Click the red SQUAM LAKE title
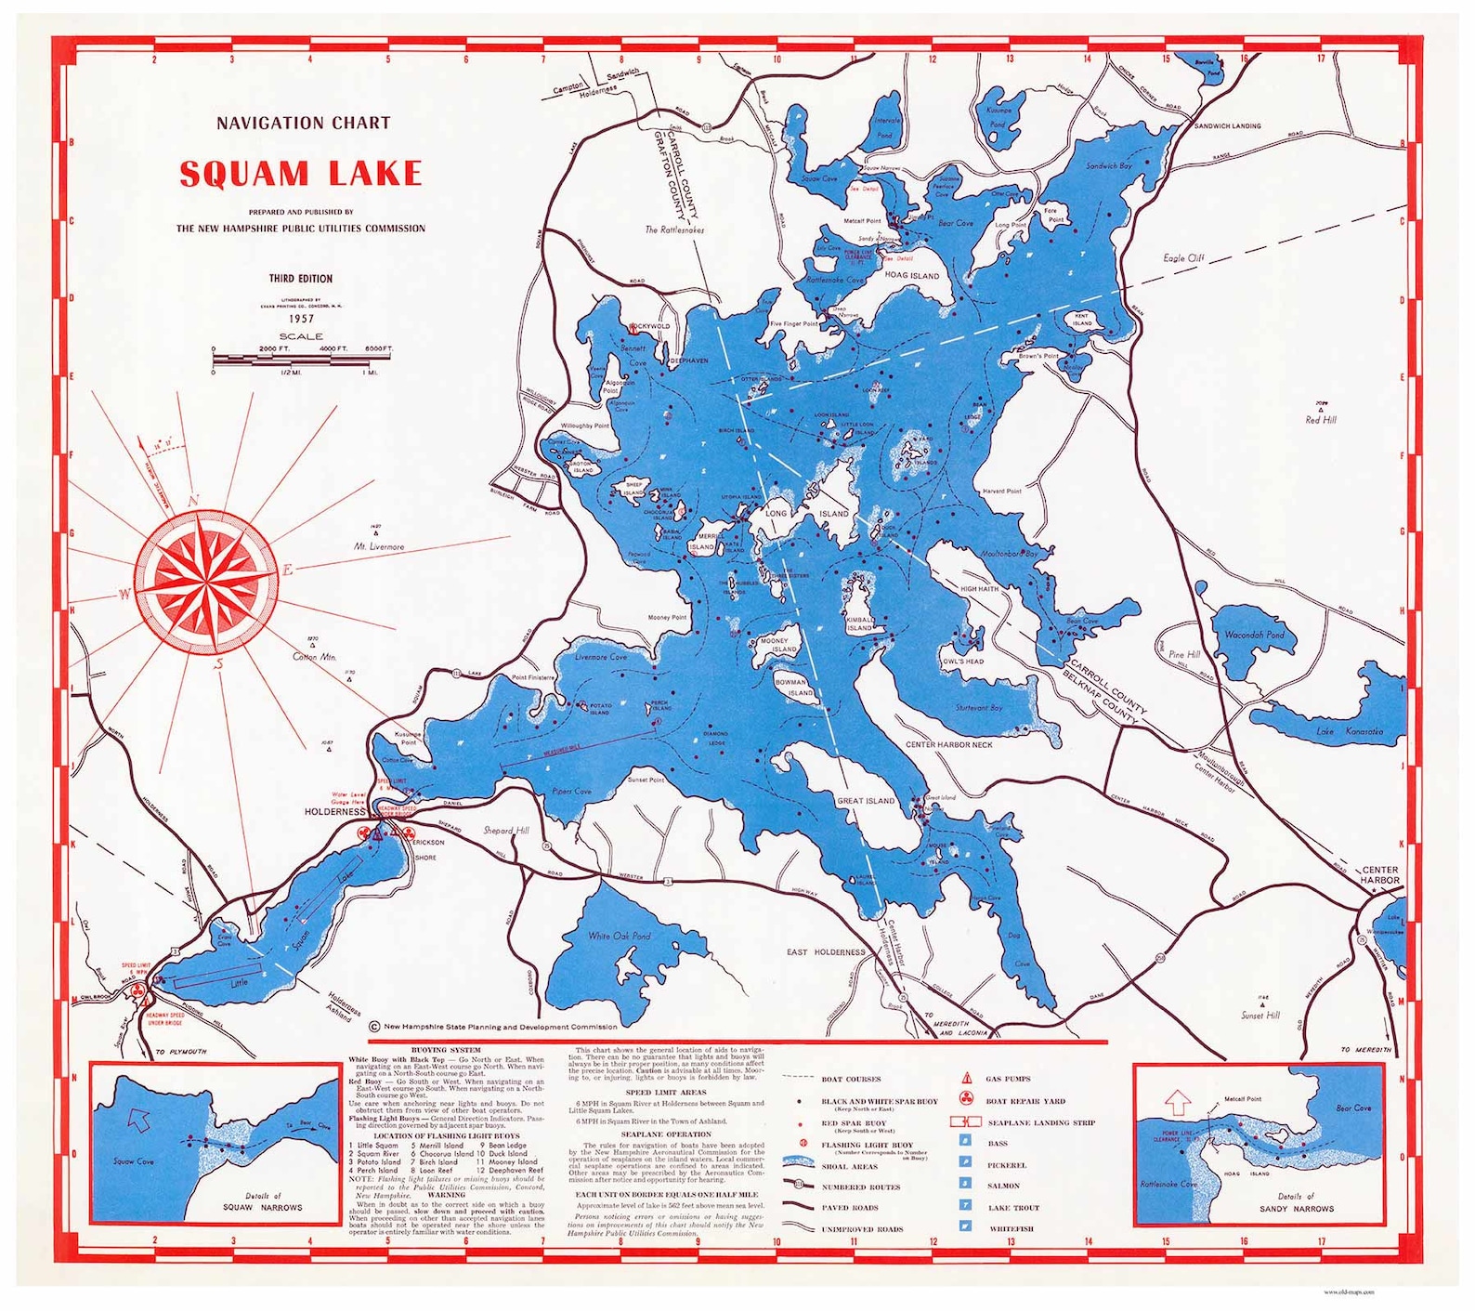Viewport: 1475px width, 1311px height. pyautogui.click(x=300, y=174)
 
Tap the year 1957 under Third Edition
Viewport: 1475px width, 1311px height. pyautogui.click(x=301, y=318)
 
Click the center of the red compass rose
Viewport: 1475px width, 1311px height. pyautogui.click(x=205, y=579)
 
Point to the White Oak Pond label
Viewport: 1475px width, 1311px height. pyautogui.click(x=619, y=937)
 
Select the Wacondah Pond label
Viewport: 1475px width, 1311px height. pyautogui.click(x=1254, y=635)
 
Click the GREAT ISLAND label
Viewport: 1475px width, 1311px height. pyautogui.click(x=866, y=801)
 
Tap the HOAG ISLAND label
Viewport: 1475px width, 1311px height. pyautogui.click(x=911, y=276)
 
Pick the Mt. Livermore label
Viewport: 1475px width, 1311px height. pyautogui.click(x=379, y=546)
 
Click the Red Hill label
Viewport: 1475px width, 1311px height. pyautogui.click(x=1320, y=420)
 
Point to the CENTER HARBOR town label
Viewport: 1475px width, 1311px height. pyautogui.click(x=1379, y=875)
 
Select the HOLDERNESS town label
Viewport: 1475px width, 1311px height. pyautogui.click(x=334, y=811)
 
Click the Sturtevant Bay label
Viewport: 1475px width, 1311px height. pyautogui.click(x=979, y=708)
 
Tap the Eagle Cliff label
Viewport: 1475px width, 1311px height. pyautogui.click(x=1183, y=257)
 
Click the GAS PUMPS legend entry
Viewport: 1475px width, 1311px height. pyautogui.click(x=1009, y=1079)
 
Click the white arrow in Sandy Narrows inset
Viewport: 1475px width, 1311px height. pyautogui.click(x=1178, y=1102)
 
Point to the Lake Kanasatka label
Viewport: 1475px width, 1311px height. pyautogui.click(x=1349, y=731)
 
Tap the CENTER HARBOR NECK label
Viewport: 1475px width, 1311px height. pyautogui.click(x=948, y=744)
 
